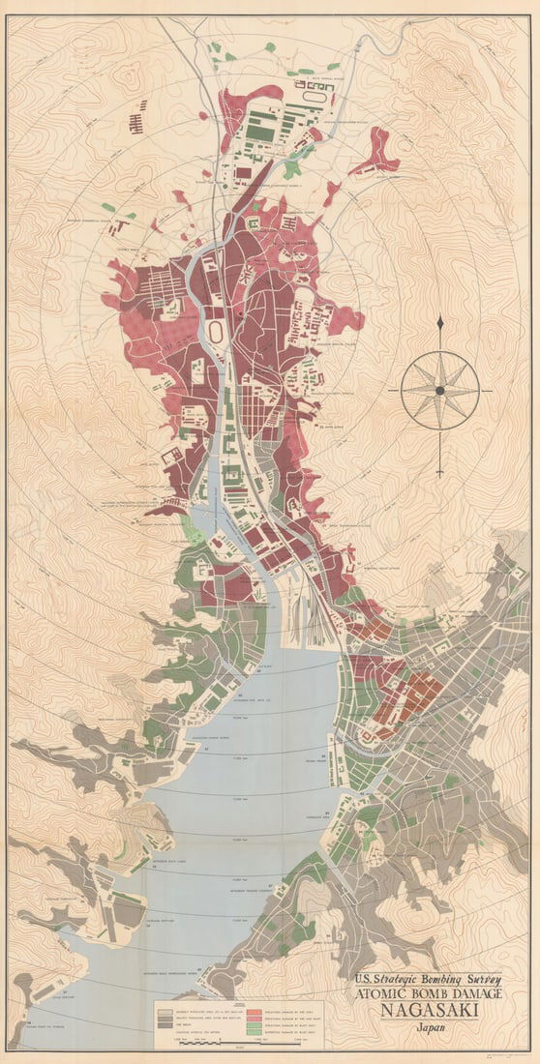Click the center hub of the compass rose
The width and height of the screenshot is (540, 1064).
tap(439, 391)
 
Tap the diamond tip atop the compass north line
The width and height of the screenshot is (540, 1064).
tap(439, 322)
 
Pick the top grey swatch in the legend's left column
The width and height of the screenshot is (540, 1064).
tap(164, 1008)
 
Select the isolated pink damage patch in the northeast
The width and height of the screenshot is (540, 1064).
tap(375, 155)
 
